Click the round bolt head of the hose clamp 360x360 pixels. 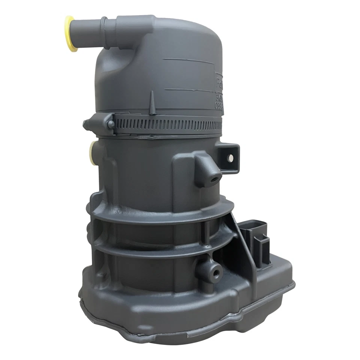coord(110,124)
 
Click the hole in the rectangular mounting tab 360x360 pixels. coord(231,158)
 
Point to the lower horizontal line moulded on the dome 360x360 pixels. coord(187,90)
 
